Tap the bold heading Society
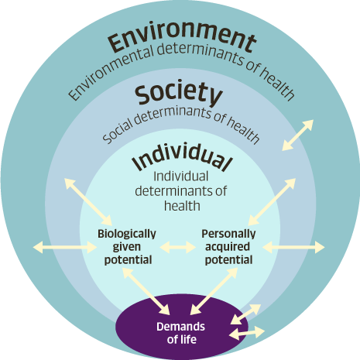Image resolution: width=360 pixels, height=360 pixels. (x=179, y=94)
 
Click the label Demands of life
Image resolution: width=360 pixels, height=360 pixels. (x=181, y=333)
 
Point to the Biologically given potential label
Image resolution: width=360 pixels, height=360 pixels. (x=127, y=247)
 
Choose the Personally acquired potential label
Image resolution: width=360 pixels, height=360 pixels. (x=228, y=247)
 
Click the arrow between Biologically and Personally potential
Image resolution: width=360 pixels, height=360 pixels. (x=178, y=247)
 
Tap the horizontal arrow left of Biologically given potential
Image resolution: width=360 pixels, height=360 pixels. (x=65, y=247)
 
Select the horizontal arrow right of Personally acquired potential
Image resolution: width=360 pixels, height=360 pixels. (x=293, y=247)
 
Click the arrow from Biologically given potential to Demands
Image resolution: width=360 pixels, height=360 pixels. (x=146, y=291)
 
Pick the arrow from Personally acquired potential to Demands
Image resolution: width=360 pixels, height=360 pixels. (x=214, y=291)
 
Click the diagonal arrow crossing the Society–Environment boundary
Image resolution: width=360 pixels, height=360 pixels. (x=297, y=135)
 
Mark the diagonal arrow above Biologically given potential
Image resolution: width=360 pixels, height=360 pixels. (x=88, y=202)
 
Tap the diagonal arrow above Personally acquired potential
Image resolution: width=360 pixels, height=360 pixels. (x=272, y=202)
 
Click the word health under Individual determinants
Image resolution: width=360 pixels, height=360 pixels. (x=182, y=206)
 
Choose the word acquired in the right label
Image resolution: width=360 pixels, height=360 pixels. (x=228, y=247)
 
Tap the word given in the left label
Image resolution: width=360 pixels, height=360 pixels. (x=127, y=247)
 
